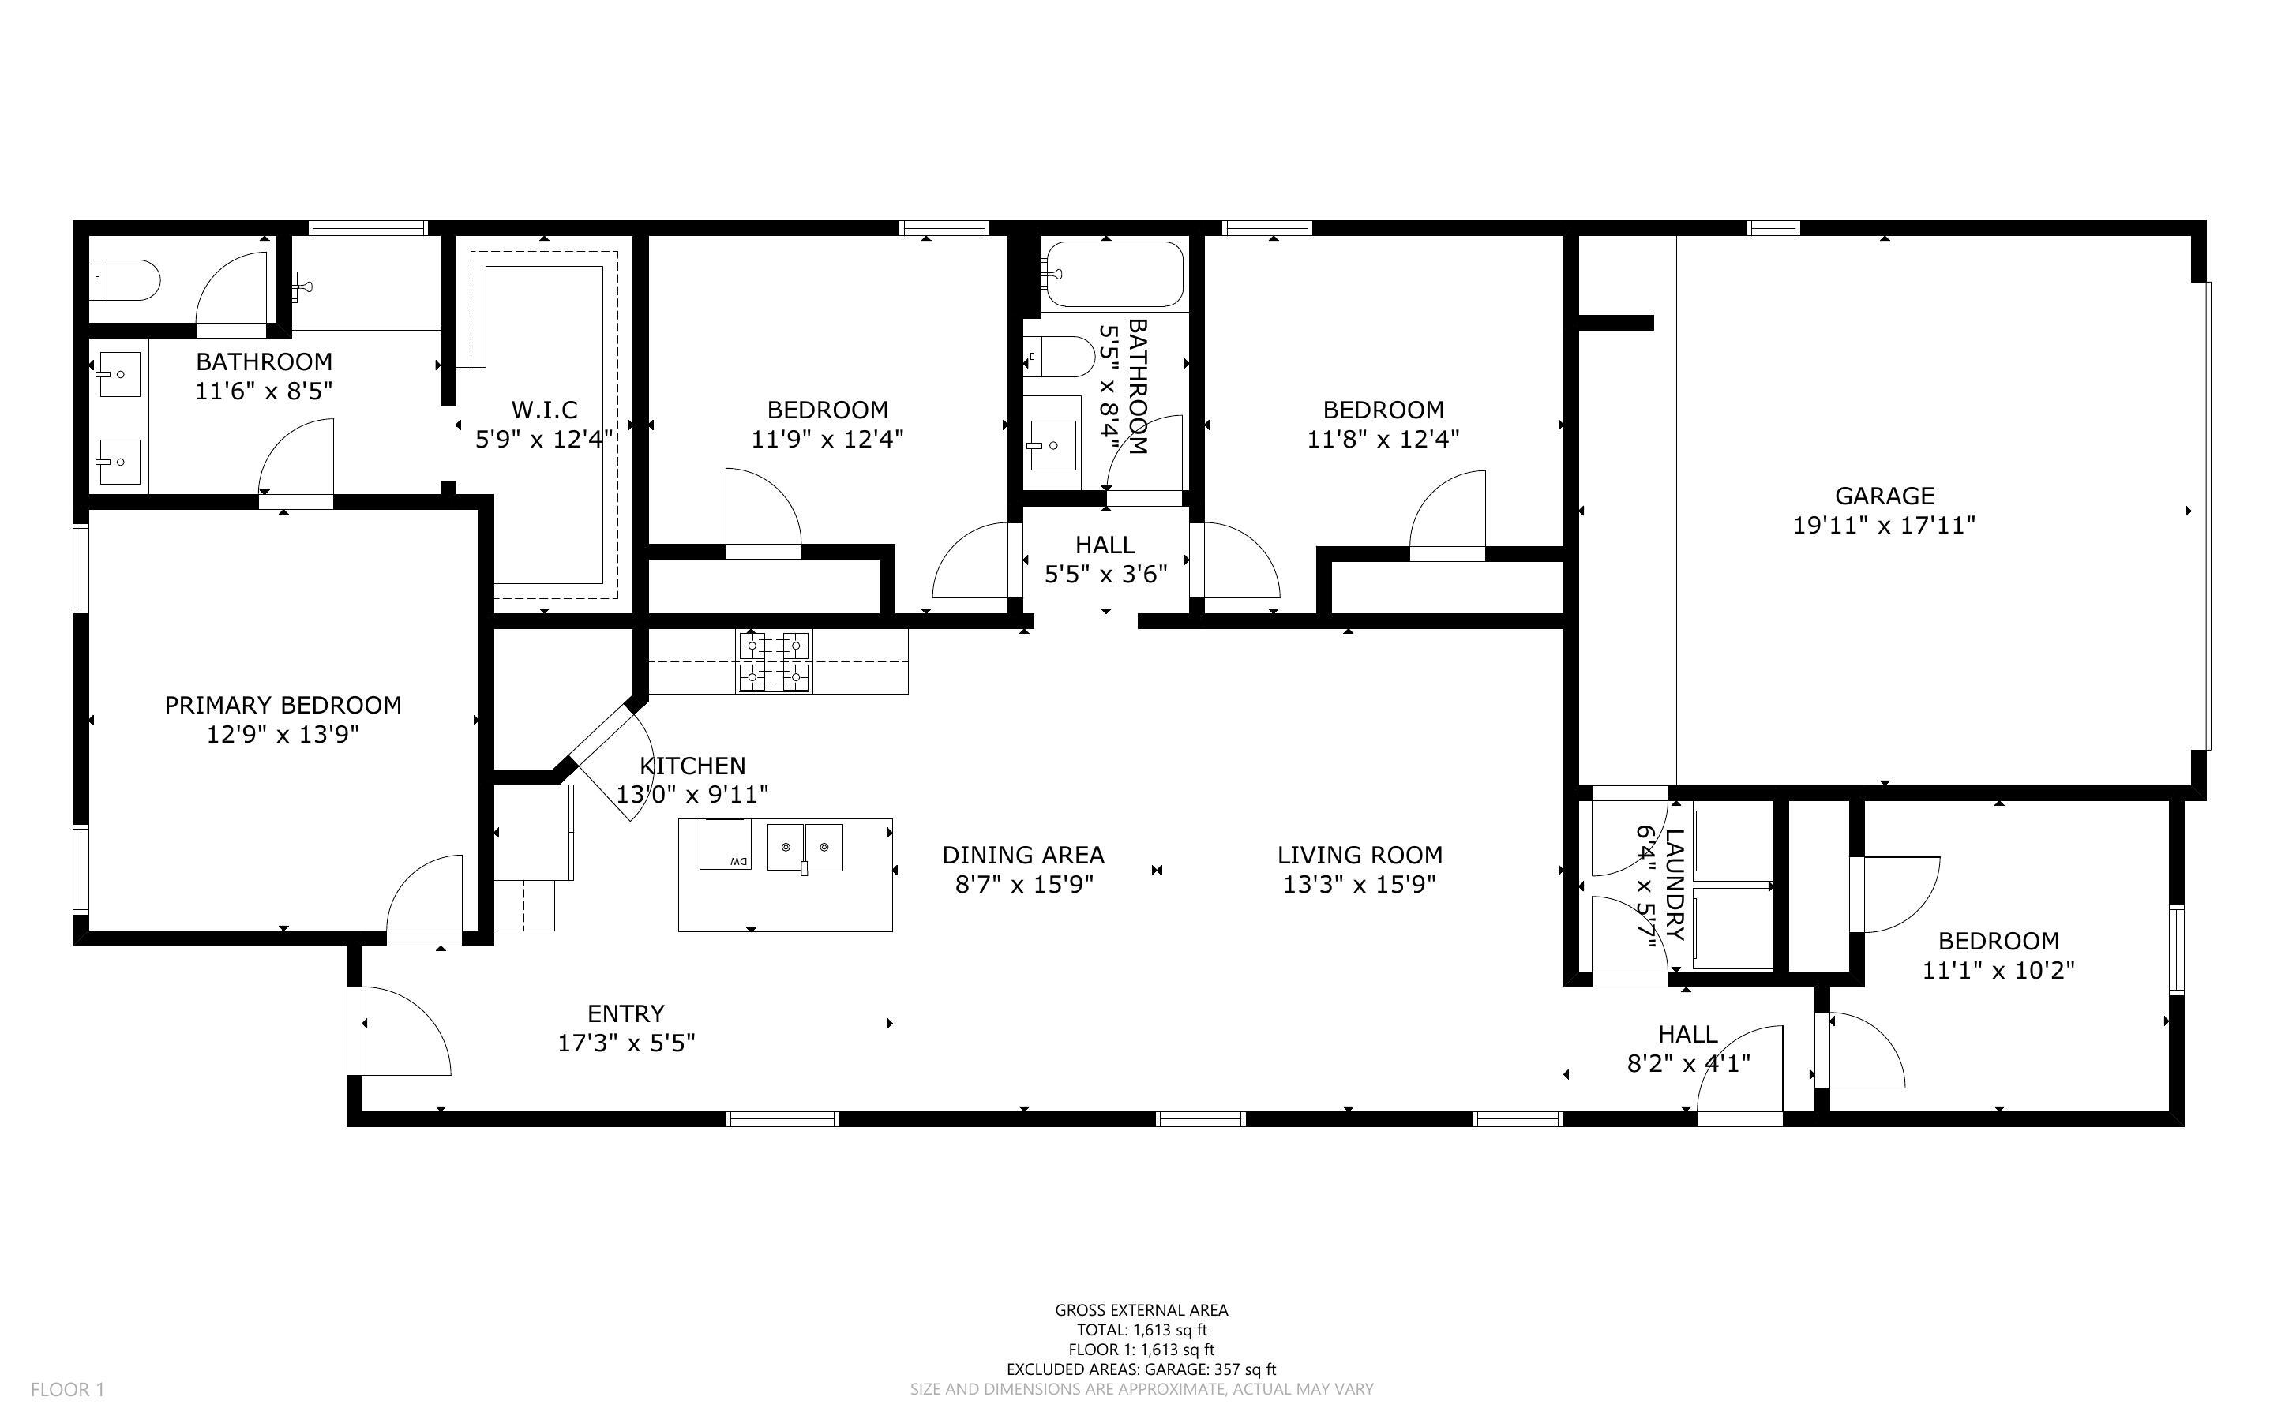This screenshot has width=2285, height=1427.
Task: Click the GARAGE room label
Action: click(x=1884, y=496)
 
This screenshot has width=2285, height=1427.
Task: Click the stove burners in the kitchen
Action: click(x=774, y=661)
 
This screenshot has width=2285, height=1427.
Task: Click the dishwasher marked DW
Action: click(x=725, y=845)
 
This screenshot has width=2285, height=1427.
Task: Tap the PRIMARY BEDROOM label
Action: click(x=283, y=705)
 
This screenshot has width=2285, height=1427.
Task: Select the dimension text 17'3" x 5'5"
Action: click(x=627, y=1043)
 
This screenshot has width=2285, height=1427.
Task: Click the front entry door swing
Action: click(x=401, y=1031)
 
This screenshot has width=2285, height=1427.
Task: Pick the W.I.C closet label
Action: click(x=545, y=410)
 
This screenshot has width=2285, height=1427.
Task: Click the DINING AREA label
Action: click(x=1023, y=855)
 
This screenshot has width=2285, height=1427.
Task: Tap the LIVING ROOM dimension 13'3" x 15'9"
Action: click(x=1359, y=884)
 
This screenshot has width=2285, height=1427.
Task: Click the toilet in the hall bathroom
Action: click(x=1061, y=357)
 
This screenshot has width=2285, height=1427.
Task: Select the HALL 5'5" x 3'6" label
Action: click(x=1105, y=559)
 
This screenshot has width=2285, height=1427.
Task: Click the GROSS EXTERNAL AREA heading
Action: click(x=1141, y=1310)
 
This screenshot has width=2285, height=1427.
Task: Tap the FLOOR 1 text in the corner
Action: click(x=68, y=1389)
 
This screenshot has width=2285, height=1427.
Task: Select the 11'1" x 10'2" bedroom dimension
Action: click(x=1998, y=970)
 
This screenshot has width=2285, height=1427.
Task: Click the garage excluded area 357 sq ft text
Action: click(x=1141, y=1369)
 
